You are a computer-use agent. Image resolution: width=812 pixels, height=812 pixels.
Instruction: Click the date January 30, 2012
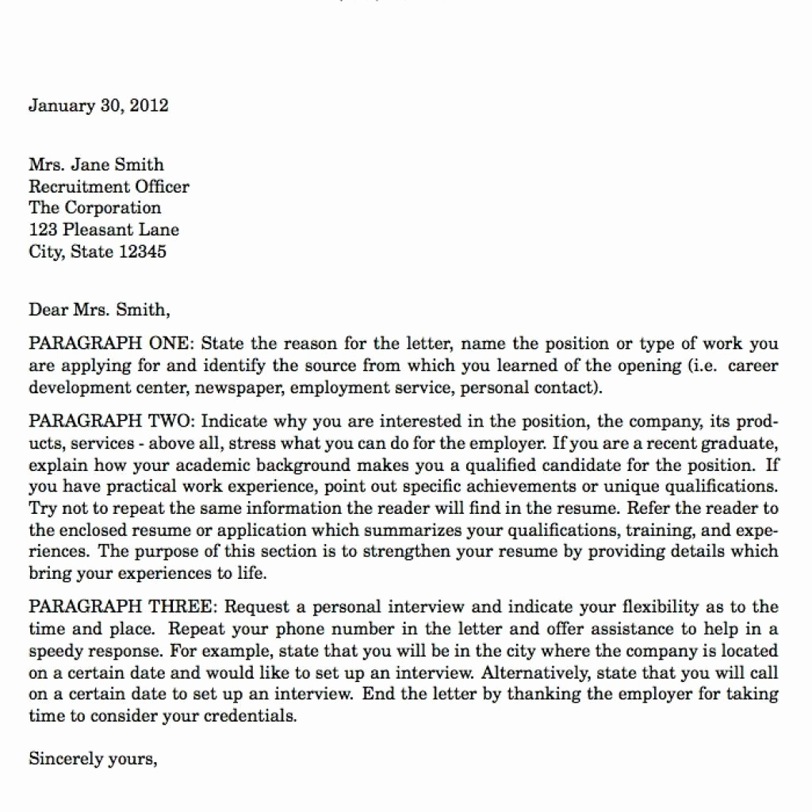pyautogui.click(x=98, y=105)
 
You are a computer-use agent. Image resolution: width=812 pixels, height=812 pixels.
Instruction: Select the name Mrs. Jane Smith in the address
pyautogui.click(x=96, y=165)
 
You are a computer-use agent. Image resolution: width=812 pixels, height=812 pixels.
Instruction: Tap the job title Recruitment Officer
pyautogui.click(x=109, y=187)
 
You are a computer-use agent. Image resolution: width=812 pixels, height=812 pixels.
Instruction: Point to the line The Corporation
pyautogui.click(x=94, y=209)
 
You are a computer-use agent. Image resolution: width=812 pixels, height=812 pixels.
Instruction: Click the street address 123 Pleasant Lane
pyautogui.click(x=104, y=231)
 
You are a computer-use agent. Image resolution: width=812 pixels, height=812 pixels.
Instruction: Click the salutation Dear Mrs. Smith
pyautogui.click(x=99, y=309)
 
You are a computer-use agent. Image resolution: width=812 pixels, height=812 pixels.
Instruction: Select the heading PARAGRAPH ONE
pyautogui.click(x=109, y=344)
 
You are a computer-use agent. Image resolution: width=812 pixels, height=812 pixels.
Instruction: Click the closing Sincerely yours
pyautogui.click(x=92, y=759)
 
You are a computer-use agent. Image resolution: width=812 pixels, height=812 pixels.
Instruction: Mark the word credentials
pyautogui.click(x=251, y=716)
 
